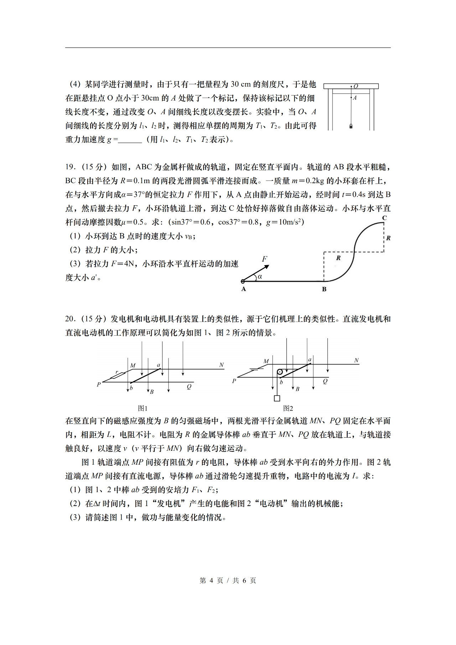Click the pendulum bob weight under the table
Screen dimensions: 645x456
[351, 126]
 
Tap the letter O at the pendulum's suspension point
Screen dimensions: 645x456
[356, 86]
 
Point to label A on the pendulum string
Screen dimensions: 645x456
[355, 98]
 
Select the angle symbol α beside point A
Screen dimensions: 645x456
[260, 277]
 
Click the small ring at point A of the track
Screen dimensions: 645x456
[243, 282]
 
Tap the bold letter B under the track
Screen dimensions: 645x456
[324, 289]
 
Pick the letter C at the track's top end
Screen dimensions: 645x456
[384, 218]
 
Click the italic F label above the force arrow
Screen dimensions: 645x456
[264, 259]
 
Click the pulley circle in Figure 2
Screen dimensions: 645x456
[280, 372]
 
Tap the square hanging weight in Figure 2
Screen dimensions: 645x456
[277, 398]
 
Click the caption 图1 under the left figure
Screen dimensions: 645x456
[142, 408]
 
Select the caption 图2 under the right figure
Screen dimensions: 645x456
[288, 408]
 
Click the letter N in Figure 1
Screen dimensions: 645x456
[221, 365]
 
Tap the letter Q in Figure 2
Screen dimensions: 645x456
[325, 381]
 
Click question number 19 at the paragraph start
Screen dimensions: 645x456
[69, 167]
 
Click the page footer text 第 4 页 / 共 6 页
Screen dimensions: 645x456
[228, 580]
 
